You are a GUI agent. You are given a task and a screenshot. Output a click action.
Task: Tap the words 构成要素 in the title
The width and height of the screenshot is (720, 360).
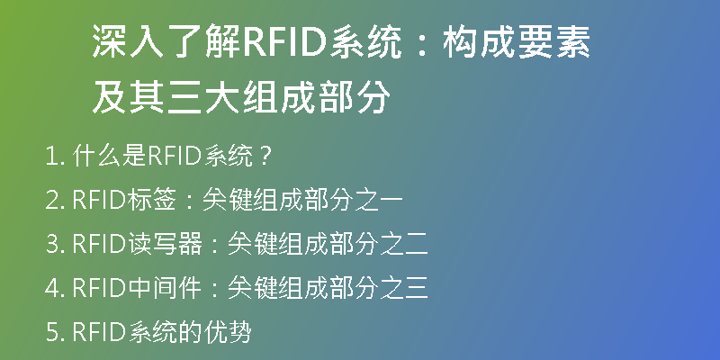[x=516, y=41]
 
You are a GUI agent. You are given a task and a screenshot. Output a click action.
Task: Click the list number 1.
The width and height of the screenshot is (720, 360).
[x=55, y=157]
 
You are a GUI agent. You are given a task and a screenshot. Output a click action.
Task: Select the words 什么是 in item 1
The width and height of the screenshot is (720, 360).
[x=110, y=157]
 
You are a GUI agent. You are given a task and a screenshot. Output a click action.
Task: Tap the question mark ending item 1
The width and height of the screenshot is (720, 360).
[x=266, y=157]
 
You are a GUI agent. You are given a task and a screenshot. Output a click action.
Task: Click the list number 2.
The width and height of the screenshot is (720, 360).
[x=55, y=201]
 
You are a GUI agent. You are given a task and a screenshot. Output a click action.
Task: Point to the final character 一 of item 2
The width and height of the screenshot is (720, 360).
[x=391, y=201]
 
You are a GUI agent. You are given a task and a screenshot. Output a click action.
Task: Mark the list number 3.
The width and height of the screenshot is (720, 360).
[x=55, y=245]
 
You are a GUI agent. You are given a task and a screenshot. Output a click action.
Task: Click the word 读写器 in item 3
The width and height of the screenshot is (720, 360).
[x=165, y=244]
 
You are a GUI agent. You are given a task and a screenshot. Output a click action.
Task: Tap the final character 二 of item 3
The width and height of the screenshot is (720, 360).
[x=416, y=245]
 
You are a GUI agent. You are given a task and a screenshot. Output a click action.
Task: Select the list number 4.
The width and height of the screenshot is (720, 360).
[x=55, y=288]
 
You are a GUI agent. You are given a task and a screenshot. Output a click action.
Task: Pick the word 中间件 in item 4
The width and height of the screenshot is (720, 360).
[x=165, y=288]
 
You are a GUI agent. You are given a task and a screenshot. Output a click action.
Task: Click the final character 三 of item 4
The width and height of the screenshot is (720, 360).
[x=416, y=288]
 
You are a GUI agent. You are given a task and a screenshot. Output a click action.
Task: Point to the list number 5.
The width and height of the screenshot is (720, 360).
[x=55, y=332]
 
